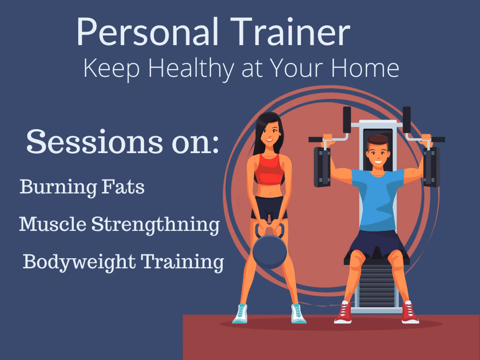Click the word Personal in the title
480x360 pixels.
(143, 33)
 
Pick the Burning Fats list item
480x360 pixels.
(82, 187)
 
